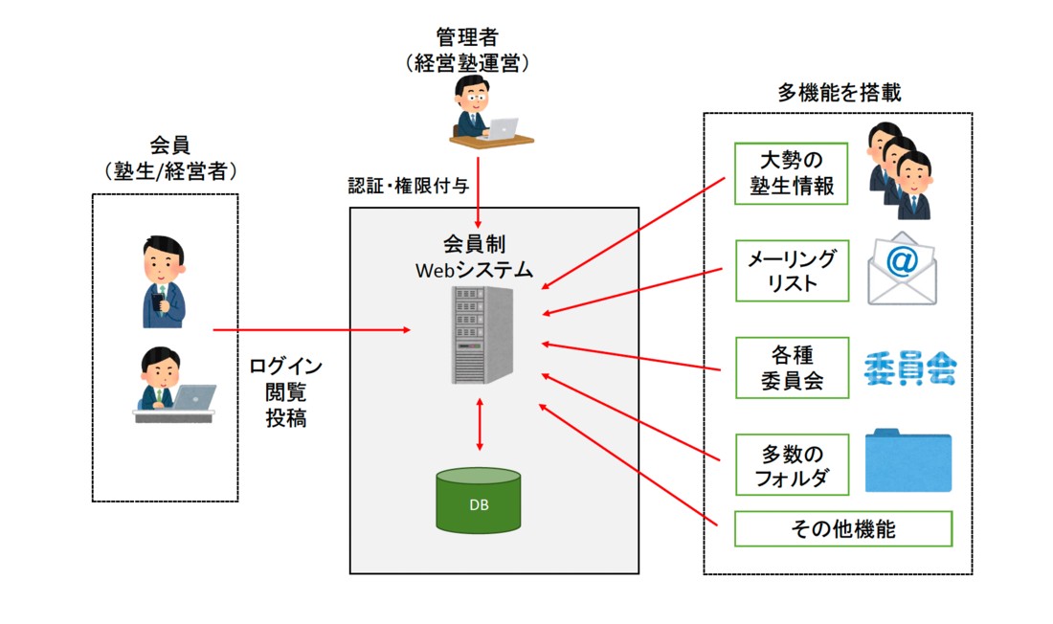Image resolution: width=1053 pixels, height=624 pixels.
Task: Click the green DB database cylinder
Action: [479, 502]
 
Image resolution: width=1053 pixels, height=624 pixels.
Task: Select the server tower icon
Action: [481, 335]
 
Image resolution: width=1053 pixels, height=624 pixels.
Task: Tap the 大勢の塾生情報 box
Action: [792, 173]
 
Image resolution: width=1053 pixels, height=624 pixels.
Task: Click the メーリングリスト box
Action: [792, 271]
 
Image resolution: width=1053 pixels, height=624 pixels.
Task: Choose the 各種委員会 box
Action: [792, 368]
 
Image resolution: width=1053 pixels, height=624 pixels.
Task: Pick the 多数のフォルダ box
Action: [792, 464]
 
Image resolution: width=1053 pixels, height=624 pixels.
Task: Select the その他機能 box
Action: [843, 528]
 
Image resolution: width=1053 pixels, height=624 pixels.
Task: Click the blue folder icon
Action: [907, 461]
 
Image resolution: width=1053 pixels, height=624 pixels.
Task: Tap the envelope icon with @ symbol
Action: [902, 269]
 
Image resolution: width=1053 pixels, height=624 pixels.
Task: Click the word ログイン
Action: [286, 367]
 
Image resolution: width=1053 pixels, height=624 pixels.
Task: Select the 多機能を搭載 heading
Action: [839, 94]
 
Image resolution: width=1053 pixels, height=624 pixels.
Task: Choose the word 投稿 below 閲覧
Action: [286, 418]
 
